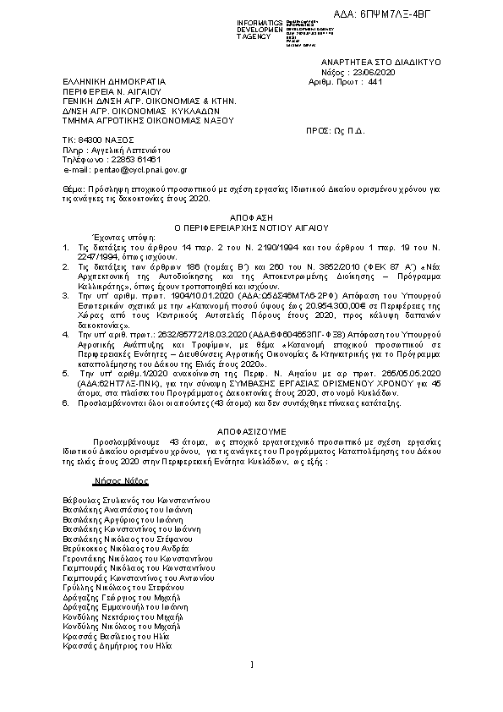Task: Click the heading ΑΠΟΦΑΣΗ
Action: [251, 217]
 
